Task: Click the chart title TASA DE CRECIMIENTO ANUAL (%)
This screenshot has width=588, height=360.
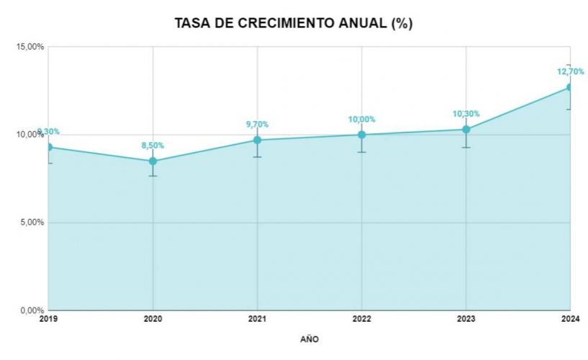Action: coord(294,23)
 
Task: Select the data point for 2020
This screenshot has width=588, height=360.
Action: coord(153,161)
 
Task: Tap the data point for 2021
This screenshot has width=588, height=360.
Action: coord(257,140)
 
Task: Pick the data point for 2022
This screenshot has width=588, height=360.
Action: coord(361,135)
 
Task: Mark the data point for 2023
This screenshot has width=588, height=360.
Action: coord(466,130)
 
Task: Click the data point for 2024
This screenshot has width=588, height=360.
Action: coord(569,87)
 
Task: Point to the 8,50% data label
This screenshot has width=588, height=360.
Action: coord(153,145)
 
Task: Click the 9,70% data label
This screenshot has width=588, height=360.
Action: coord(257,124)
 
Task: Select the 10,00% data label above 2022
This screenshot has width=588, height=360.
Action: coord(361,120)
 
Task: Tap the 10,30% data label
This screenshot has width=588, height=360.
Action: coord(466,114)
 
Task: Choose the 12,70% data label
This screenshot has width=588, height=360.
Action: coord(570,71)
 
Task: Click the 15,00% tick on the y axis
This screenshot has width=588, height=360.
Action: coord(31,47)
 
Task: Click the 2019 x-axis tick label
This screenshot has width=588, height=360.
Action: coord(48,318)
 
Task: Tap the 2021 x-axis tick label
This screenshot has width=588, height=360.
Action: coord(257,318)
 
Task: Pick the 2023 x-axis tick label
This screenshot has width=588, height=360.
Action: coord(466,318)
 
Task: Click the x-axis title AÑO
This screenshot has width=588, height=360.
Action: coord(309,338)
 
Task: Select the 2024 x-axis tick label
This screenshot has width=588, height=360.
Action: coord(570,318)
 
